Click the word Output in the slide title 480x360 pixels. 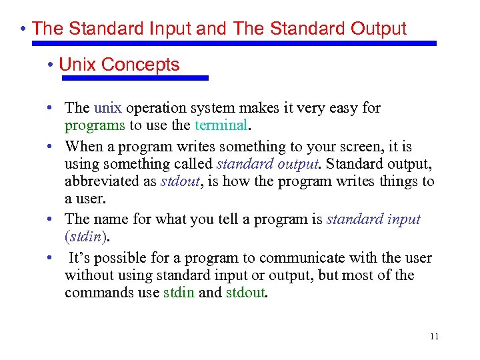tap(373, 29)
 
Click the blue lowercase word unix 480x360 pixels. tap(108, 108)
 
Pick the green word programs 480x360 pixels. tap(95, 125)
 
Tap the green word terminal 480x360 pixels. tap(221, 125)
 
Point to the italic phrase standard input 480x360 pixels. tap(373, 219)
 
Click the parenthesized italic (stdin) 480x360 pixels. tap(87, 237)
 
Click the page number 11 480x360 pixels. tap(434, 336)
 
